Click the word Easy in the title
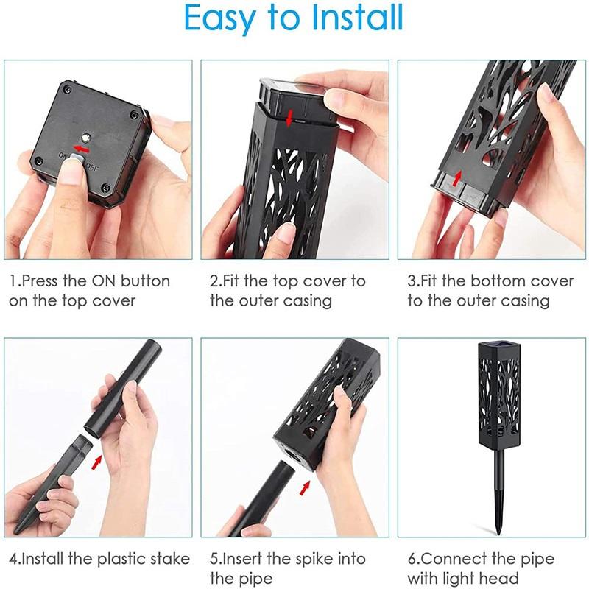tap(221, 20)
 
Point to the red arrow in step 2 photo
tap(290, 117)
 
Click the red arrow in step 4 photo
tap(96, 461)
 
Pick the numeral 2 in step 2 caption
tap(214, 281)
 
